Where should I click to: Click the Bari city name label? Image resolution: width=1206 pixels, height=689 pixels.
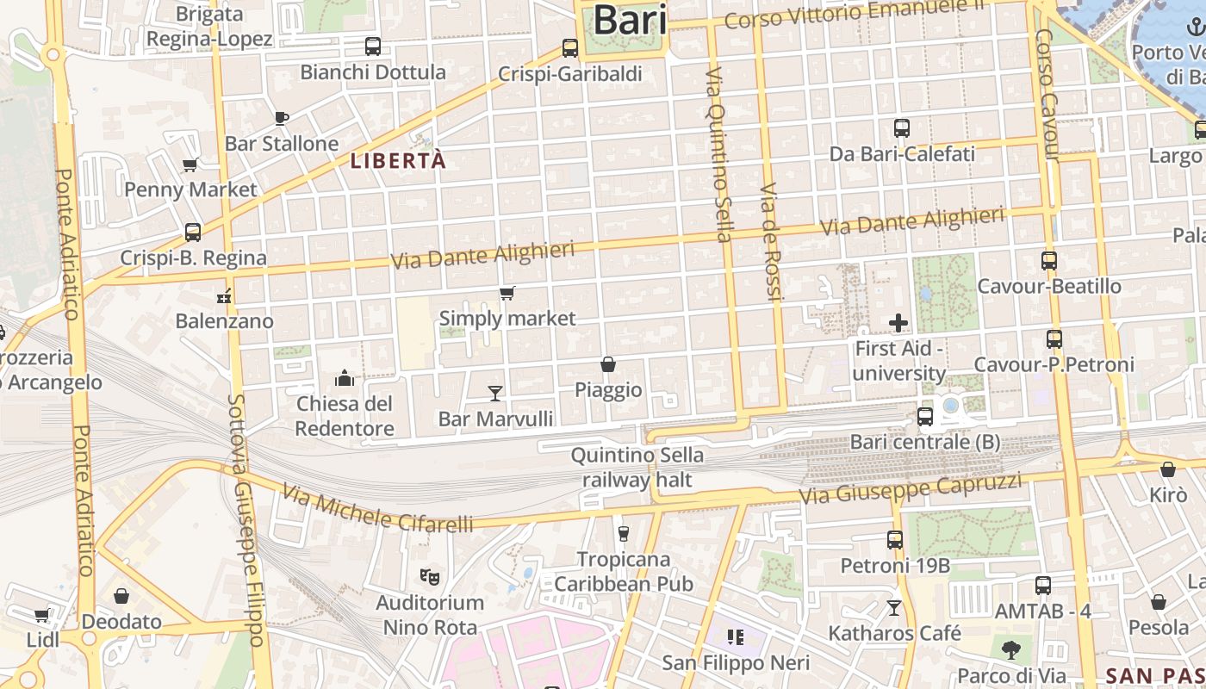(631, 20)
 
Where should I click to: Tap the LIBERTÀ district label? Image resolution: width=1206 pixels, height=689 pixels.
(398, 161)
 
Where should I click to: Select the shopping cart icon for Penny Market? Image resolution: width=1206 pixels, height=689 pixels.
(190, 164)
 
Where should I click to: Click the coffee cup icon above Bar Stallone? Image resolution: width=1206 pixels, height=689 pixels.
(281, 118)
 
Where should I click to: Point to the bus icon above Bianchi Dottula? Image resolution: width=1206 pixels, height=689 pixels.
(373, 47)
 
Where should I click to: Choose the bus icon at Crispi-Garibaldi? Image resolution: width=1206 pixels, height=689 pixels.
(569, 48)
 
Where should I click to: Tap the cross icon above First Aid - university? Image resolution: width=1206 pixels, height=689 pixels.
(898, 323)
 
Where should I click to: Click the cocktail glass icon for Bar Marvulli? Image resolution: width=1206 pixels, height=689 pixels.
(495, 394)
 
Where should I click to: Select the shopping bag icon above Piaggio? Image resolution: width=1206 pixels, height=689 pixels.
(608, 364)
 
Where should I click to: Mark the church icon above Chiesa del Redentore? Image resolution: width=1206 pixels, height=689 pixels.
(345, 378)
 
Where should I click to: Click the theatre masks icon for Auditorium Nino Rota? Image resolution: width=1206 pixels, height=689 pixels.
(429, 576)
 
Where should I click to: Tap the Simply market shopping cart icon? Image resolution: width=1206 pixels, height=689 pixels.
(507, 294)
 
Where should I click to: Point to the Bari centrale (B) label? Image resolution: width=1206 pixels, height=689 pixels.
(925, 442)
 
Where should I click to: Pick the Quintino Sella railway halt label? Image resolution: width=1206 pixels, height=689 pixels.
(637, 467)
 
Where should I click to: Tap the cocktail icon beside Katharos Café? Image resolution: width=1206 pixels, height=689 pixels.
(894, 608)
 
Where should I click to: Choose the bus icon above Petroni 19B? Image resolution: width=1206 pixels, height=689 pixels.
(895, 540)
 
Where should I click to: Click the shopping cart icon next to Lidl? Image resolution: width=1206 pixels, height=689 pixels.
(41, 616)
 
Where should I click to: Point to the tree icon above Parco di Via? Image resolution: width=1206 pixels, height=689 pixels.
(1011, 649)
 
